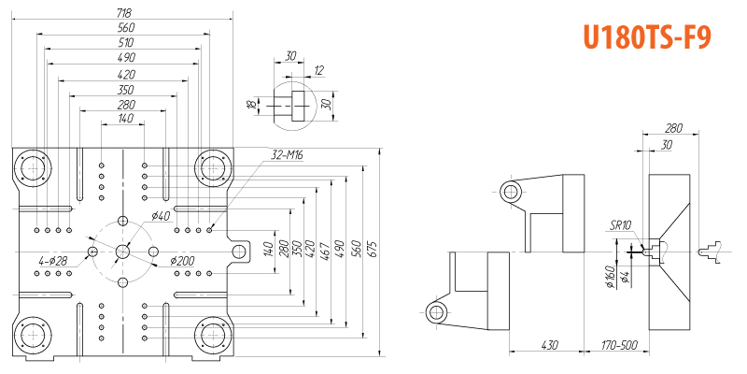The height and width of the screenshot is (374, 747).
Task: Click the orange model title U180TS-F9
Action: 647,37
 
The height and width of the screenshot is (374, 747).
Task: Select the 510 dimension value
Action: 126,42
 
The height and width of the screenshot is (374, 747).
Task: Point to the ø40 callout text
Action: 161,216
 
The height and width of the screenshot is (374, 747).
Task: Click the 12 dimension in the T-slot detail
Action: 318,71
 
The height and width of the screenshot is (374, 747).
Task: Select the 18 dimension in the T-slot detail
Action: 251,105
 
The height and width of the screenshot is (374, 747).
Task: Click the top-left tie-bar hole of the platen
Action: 33,168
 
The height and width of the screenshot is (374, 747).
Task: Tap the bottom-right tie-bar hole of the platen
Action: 215,335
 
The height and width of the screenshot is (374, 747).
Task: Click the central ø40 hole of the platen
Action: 122,252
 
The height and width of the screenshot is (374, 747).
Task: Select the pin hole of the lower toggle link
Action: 435,313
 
